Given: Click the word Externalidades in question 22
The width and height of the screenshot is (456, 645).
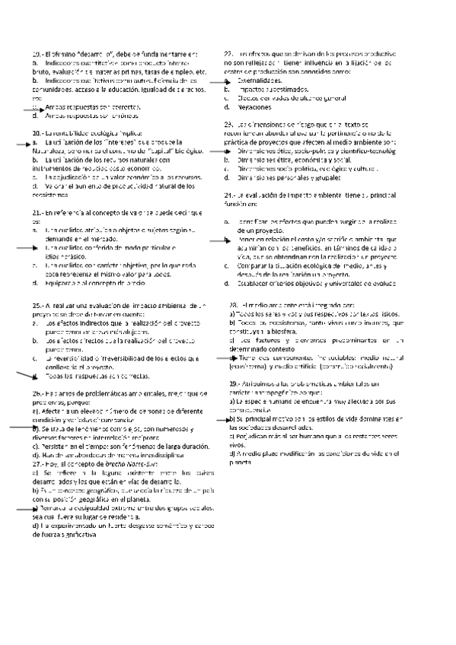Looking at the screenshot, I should coord(260,80).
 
